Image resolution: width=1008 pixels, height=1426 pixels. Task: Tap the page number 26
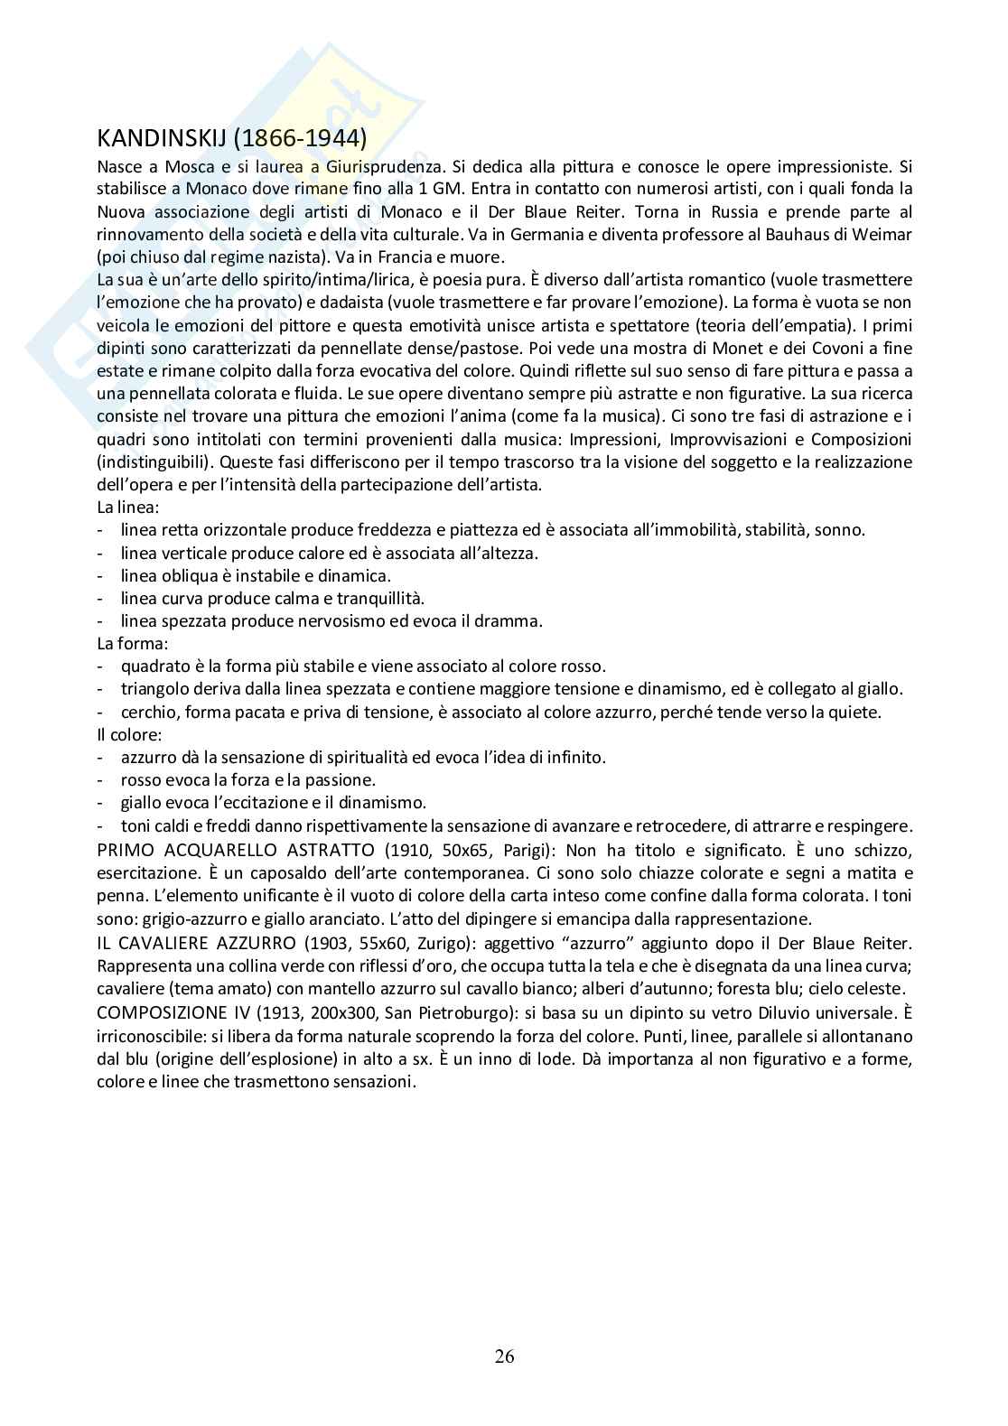pos(504,1356)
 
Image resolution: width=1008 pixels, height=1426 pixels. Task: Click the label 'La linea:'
pos(127,508)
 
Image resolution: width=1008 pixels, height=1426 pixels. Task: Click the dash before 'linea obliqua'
pos(99,575)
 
